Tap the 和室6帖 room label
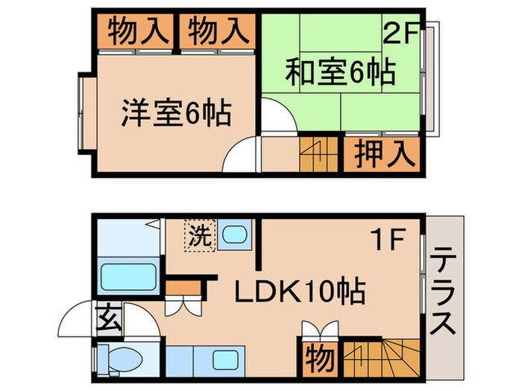pyautogui.click(x=339, y=73)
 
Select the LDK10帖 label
pyautogui.click(x=301, y=291)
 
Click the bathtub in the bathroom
pyautogui.click(x=128, y=277)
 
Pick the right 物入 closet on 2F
pyautogui.click(x=217, y=32)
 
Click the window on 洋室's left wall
pyautogui.click(x=81, y=110)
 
